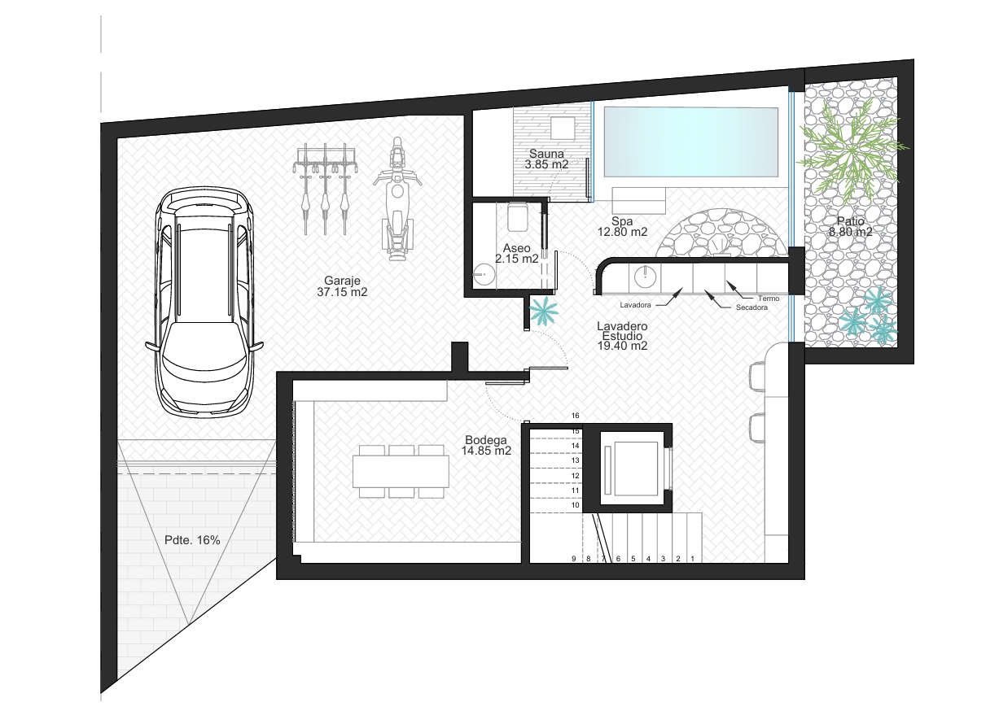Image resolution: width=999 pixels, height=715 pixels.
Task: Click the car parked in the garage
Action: (204, 302)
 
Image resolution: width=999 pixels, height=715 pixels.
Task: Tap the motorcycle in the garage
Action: (397, 198)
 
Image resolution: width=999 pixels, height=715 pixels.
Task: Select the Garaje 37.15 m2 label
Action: (342, 286)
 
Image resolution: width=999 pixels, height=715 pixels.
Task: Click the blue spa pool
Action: (690, 142)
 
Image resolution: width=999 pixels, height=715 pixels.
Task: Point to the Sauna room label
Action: (546, 159)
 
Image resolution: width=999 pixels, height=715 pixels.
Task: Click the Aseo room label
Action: (516, 254)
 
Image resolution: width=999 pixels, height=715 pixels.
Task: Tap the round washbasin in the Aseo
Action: (484, 274)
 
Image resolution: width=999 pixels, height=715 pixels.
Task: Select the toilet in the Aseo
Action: (517, 217)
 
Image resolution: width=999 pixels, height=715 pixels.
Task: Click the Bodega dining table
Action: (401, 471)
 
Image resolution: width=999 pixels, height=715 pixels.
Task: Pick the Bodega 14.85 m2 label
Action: (486, 446)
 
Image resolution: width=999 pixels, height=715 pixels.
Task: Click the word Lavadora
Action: (635, 305)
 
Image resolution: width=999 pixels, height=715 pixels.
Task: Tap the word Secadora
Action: (751, 307)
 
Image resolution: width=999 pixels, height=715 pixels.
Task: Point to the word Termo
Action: (769, 299)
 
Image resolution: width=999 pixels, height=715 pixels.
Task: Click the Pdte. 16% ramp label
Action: (192, 540)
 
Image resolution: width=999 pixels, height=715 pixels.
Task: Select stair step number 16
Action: (576, 416)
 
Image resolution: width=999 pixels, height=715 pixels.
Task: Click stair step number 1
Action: (692, 558)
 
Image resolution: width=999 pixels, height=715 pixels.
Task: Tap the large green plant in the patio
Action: (852, 149)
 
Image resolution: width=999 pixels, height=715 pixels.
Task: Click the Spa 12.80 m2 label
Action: (622, 226)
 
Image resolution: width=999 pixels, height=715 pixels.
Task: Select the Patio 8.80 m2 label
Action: (851, 226)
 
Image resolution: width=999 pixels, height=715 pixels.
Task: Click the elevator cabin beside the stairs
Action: (633, 469)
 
